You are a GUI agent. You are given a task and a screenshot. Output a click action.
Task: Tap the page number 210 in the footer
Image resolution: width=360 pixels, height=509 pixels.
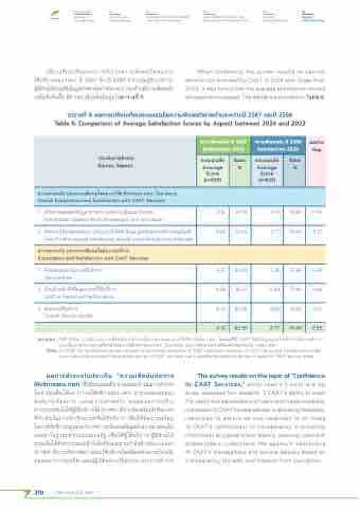click(39, 493)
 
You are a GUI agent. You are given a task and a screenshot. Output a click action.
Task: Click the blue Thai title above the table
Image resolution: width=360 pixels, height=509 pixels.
click(180, 115)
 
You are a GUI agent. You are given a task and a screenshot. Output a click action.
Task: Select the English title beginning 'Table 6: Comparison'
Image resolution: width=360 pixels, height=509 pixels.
click(180, 122)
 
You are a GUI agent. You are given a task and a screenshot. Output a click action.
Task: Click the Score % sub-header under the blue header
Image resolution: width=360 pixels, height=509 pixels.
click(294, 161)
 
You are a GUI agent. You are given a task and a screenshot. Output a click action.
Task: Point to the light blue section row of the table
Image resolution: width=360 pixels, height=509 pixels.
click(180, 196)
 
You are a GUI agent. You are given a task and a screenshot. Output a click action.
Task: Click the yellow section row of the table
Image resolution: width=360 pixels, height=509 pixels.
click(180, 256)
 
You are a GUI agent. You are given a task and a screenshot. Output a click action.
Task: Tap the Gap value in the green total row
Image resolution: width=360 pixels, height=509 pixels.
click(316, 328)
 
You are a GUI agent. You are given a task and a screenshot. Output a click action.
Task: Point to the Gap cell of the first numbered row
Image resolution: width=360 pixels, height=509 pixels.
click(316, 213)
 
